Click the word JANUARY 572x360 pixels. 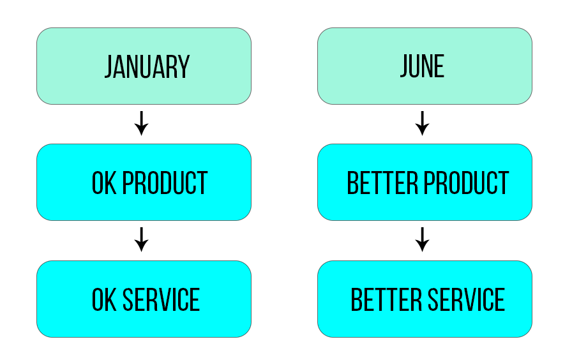click(147, 67)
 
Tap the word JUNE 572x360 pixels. click(422, 66)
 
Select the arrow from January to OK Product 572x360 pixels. click(142, 123)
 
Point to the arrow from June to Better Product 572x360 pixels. click(422, 123)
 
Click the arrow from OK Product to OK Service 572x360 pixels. click(142, 239)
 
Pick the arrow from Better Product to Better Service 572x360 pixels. click(422, 239)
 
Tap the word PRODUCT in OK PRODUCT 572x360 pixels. click(165, 183)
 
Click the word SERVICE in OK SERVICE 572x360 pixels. click(162, 299)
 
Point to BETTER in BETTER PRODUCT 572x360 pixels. click(382, 183)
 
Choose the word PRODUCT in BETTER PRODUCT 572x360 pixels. click(466, 183)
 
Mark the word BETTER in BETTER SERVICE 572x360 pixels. click(386, 299)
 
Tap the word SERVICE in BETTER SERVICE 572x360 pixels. click(466, 299)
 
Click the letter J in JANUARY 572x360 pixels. click(109, 67)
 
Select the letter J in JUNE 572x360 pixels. click(404, 66)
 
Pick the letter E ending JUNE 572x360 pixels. click(440, 66)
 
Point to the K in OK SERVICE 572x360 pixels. click(111, 299)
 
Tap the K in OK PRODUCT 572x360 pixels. click(111, 183)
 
